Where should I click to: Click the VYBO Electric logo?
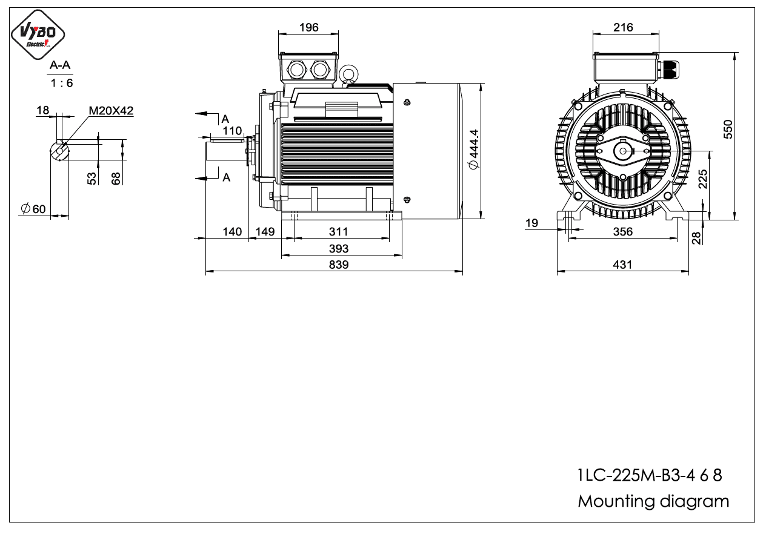tap(38, 35)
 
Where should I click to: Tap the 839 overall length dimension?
tap(339, 265)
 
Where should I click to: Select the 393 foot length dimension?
tap(339, 249)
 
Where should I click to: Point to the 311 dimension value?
tap(339, 232)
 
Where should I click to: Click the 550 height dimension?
tap(728, 129)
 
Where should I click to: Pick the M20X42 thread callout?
tap(111, 111)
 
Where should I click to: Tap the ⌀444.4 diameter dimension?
tap(474, 149)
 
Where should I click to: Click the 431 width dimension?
tap(622, 265)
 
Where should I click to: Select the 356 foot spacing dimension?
tap(623, 232)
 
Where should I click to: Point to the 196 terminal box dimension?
tap(309, 27)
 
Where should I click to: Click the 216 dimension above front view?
tap(623, 27)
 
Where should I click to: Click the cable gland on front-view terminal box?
tap(669, 70)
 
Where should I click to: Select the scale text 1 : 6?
tap(62, 83)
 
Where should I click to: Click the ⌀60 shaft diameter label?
tap(33, 209)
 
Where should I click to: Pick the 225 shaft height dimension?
tap(703, 179)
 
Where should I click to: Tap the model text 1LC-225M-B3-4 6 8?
tap(650, 475)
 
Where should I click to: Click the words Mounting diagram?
tap(653, 501)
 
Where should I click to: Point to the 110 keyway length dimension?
tap(232, 131)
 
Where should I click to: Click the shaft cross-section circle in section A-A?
tap(59, 150)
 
